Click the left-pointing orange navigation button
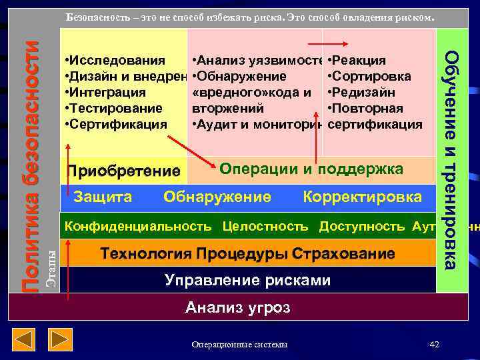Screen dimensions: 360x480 click(x=25, y=341)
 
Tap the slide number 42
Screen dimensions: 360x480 click(x=435, y=344)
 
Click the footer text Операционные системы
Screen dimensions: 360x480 click(x=239, y=345)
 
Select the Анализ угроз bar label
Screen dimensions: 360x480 click(x=238, y=307)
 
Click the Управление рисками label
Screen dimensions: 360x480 click(x=247, y=280)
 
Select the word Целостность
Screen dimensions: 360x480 click(x=265, y=226)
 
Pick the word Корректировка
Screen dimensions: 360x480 click(x=362, y=197)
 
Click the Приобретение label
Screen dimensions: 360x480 click(x=123, y=171)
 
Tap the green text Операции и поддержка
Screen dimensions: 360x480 click(x=311, y=169)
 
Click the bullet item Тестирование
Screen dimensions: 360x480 click(x=113, y=108)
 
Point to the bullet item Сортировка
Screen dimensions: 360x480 click(x=371, y=76)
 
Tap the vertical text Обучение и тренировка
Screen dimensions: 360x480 click(x=451, y=160)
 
